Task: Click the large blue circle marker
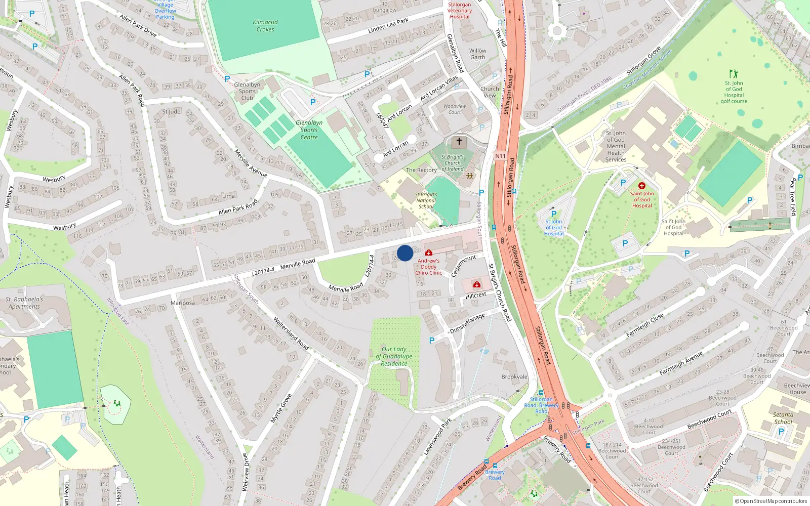(x=405, y=253)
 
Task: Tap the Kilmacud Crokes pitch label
(x=265, y=26)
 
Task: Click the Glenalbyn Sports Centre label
(x=309, y=130)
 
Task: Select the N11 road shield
(x=500, y=156)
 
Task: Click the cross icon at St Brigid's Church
(x=459, y=142)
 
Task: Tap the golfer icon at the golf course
(x=734, y=74)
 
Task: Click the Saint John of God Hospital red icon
(x=642, y=186)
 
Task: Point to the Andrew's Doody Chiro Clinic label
(x=429, y=267)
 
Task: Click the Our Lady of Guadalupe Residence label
(x=394, y=356)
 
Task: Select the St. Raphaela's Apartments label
(x=24, y=303)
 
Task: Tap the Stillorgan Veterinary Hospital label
(x=460, y=11)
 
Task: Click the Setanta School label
(x=783, y=418)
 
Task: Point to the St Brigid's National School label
(x=426, y=200)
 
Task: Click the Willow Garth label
(x=477, y=54)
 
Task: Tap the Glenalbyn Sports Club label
(x=247, y=91)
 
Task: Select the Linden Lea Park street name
(x=388, y=25)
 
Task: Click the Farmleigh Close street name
(x=644, y=325)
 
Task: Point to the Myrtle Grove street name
(x=281, y=408)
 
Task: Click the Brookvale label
(x=514, y=377)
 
